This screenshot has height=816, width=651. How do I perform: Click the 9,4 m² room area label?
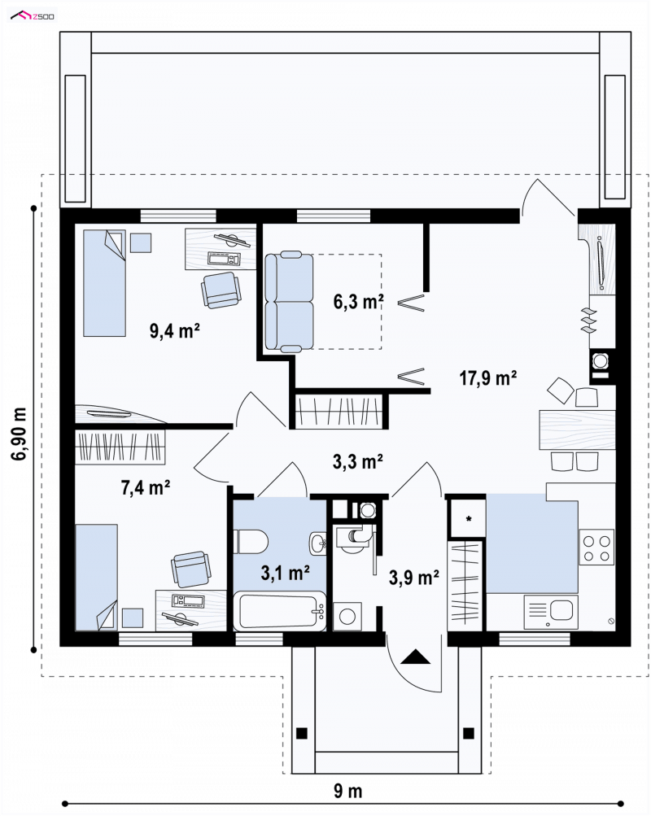175,330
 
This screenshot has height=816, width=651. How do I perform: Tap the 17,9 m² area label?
488,377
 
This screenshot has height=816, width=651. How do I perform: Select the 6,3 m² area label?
359,301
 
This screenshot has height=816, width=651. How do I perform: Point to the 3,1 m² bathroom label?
285,573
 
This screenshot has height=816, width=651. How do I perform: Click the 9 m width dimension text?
347,791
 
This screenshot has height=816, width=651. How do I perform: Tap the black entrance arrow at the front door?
416,657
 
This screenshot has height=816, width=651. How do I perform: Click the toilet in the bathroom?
251,542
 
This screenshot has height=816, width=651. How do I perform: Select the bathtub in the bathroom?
280,611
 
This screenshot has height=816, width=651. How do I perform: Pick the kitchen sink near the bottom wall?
551,611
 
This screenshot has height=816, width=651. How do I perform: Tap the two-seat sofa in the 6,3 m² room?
289,301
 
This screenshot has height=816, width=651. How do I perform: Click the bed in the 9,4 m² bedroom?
105,283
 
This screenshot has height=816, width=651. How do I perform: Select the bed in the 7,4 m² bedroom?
96,578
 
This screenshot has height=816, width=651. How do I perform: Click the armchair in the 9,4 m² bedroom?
221,290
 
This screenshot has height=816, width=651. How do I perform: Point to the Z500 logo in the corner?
33,16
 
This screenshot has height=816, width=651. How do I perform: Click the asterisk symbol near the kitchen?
469,519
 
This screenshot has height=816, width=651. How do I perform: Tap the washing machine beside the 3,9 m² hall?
347,617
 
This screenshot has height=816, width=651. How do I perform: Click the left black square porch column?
301,733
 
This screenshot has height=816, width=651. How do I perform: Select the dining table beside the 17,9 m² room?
577,430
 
